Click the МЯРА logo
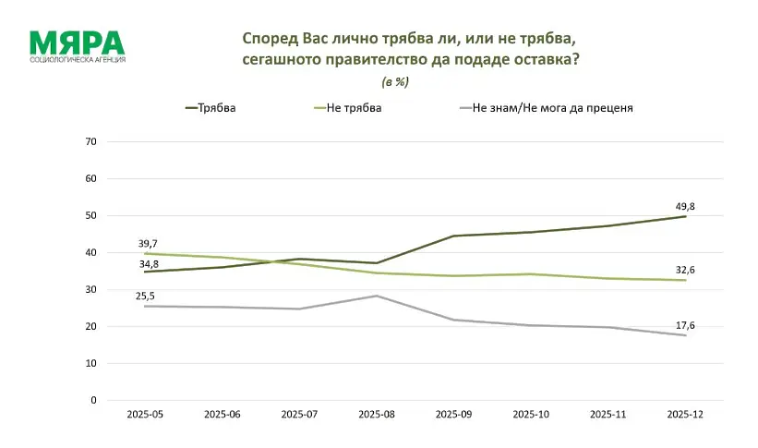coord(77,46)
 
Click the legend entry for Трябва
coord(211,108)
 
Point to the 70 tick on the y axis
coord(90,142)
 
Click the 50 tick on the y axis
coord(90,216)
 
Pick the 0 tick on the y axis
coord(93,401)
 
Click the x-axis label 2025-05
coord(145,416)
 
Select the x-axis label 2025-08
coord(377,416)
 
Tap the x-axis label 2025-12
coord(685,416)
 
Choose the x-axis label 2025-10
coord(531,416)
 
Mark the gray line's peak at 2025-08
coord(377,296)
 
